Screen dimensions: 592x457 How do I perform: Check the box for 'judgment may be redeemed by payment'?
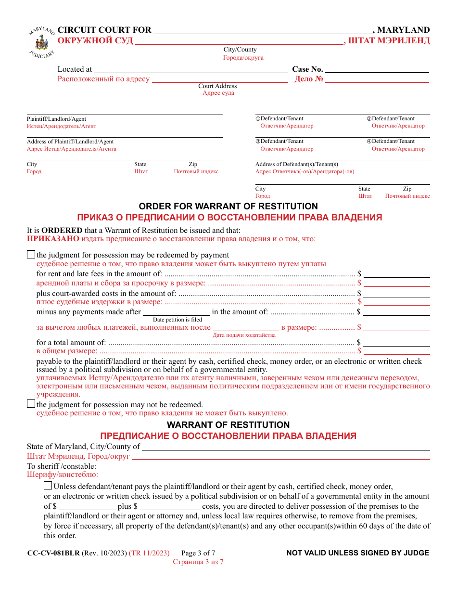pyautogui.click(x=31, y=255)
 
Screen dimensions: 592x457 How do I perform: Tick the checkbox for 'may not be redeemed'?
pyautogui.click(x=31, y=404)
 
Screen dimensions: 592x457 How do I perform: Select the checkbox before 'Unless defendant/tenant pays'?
pyautogui.click(x=48, y=486)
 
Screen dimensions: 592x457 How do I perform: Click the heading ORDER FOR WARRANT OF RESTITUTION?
pyautogui.click(x=228, y=206)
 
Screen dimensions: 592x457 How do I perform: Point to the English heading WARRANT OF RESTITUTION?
pyautogui.click(x=228, y=425)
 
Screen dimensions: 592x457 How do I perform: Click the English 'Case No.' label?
pyautogui.click(x=307, y=69)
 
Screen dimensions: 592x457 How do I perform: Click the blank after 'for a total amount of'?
pyautogui.click(x=396, y=342)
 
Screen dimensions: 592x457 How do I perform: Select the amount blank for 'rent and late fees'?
pyautogui.click(x=396, y=273)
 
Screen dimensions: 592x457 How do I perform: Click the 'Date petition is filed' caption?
pyautogui.click(x=178, y=320)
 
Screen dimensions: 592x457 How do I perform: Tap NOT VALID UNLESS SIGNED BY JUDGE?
pyautogui.click(x=357, y=553)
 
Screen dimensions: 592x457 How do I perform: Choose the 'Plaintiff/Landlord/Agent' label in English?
pyautogui.click(x=56, y=119)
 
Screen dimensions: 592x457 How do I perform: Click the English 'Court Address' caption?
pyautogui.click(x=217, y=86)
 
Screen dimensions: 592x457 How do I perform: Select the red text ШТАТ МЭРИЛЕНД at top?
pyautogui.click(x=389, y=40)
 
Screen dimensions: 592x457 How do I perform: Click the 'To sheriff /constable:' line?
pyautogui.click(x=61, y=466)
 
